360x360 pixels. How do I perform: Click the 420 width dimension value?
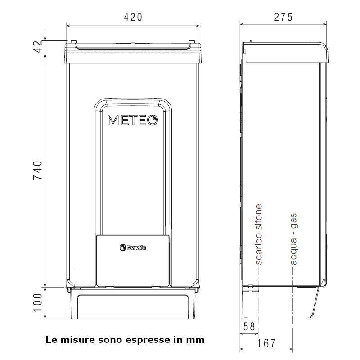[x=133, y=17]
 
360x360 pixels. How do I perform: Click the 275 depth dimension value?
[x=283, y=17]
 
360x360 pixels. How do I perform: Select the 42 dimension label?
[x=38, y=47]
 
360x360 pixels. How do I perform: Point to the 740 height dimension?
[x=38, y=170]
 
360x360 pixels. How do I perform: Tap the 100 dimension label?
[x=38, y=302]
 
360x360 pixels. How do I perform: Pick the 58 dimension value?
[x=249, y=327]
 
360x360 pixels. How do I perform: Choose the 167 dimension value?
[x=266, y=343]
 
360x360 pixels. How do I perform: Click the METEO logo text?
[x=133, y=120]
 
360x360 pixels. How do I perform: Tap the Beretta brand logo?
[x=133, y=247]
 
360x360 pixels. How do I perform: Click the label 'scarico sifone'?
[x=259, y=234]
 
